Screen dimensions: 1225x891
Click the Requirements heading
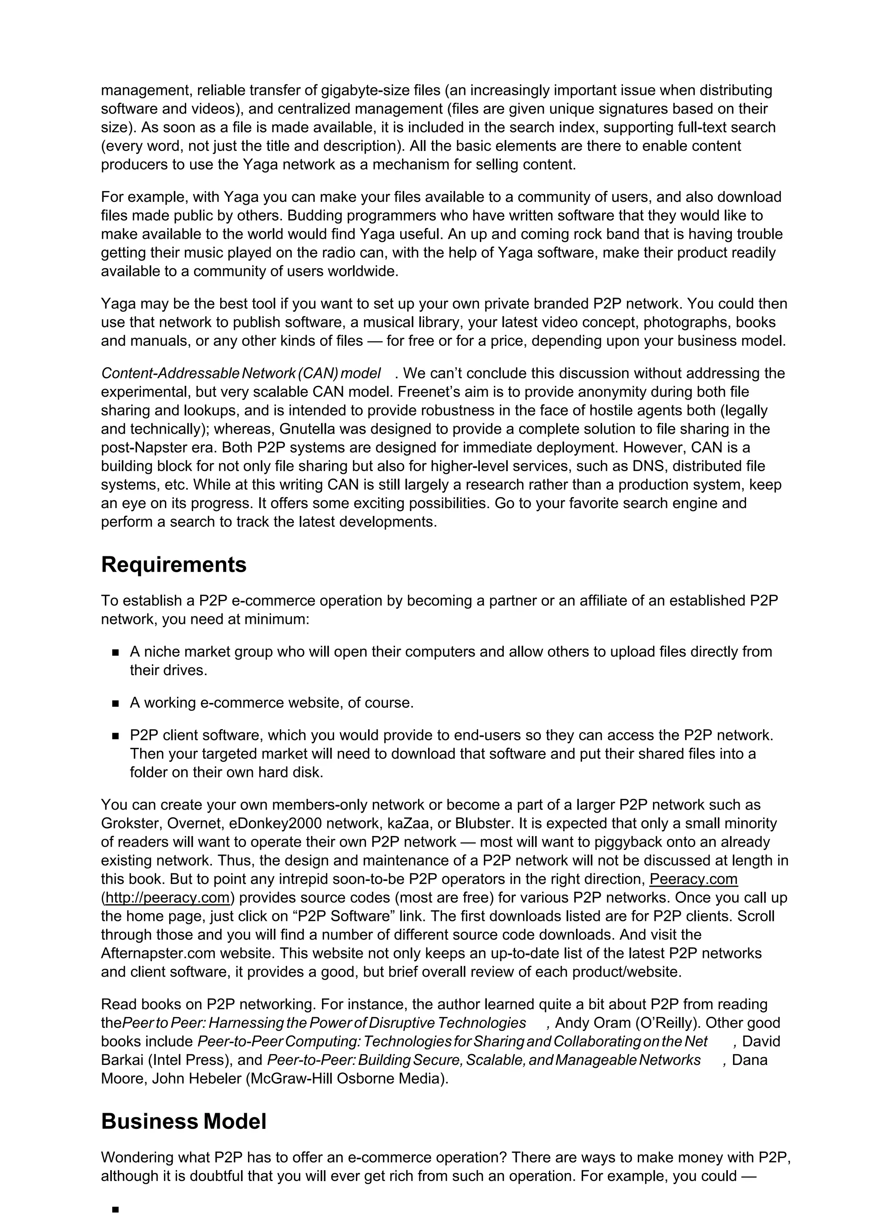pyautogui.click(x=174, y=565)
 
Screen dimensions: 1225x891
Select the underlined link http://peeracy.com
pyautogui.click(x=168, y=898)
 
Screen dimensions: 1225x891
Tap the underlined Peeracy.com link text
pyautogui.click(x=693, y=879)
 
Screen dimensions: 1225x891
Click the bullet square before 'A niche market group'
pyautogui.click(x=115, y=653)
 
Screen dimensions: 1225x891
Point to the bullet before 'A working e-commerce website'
pyautogui.click(x=115, y=704)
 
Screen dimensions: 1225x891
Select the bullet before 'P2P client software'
pyautogui.click(x=115, y=736)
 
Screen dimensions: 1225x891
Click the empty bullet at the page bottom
pyautogui.click(x=115, y=1210)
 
